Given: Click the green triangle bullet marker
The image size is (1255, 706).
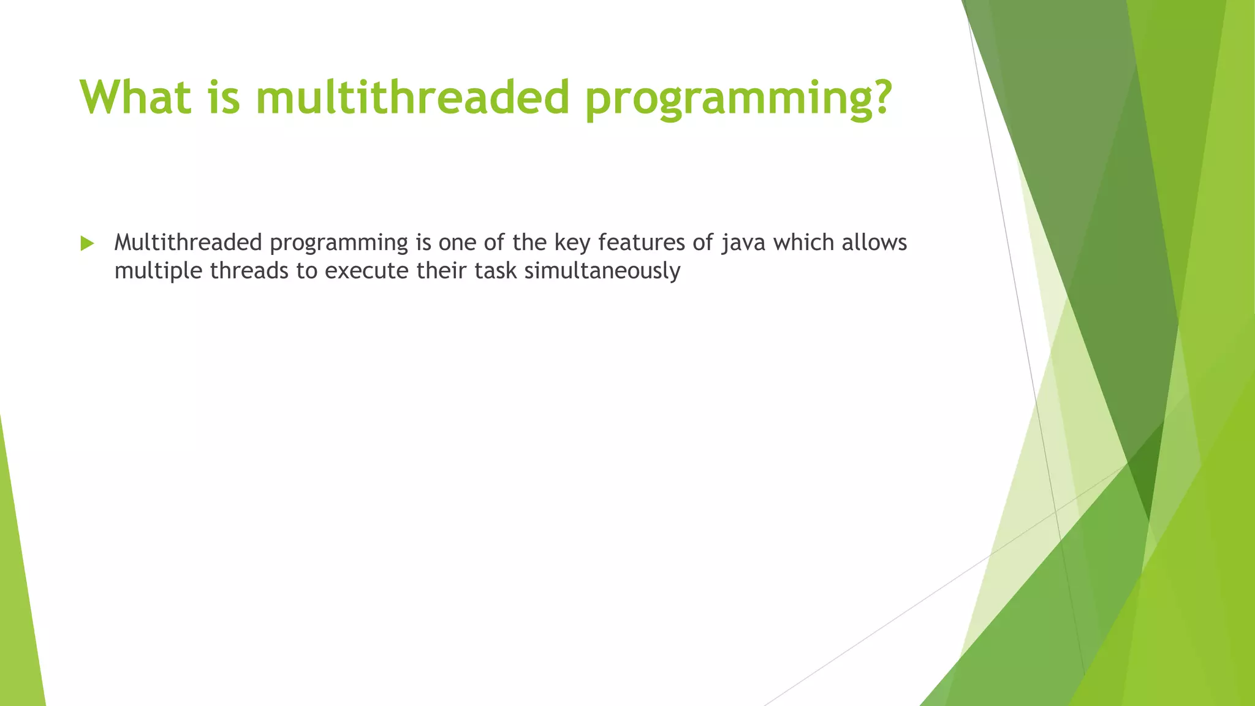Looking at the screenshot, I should [87, 243].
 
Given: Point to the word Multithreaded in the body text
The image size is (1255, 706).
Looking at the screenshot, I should [188, 242].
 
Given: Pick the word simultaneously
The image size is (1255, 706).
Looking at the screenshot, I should [602, 271].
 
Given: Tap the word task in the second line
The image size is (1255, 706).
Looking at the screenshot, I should [496, 270].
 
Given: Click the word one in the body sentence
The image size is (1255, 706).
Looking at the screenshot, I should [458, 243].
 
